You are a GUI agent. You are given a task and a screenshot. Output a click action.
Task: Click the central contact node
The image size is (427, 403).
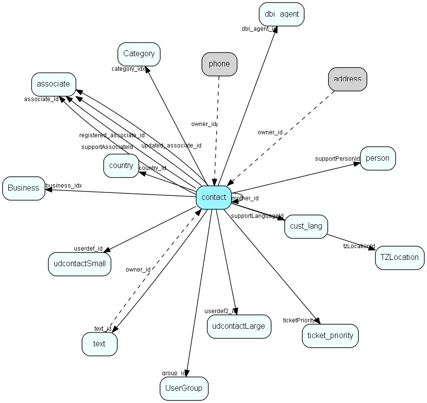point(214,197)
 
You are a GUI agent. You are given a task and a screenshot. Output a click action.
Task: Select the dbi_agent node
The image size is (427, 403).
point(282,14)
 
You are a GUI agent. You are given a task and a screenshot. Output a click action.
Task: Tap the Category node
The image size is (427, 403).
point(139,54)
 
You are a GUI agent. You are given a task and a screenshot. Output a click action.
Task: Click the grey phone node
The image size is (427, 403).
point(219,64)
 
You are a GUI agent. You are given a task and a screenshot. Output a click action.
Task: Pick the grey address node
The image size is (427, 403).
point(347,79)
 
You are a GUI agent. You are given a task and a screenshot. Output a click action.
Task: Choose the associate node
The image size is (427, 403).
point(54,84)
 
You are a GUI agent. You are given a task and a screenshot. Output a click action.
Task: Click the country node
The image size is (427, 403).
point(121,166)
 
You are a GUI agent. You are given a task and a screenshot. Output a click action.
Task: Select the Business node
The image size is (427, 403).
point(23,188)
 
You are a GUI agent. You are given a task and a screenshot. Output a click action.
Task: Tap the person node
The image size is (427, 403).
point(378,158)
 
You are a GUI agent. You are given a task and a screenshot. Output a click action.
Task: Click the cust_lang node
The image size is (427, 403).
point(306,226)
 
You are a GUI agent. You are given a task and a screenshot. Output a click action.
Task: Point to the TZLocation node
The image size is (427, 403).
point(400,257)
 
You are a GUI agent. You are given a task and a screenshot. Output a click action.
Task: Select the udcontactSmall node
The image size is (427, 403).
point(80,264)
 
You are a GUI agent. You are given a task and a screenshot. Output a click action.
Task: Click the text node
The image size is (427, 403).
point(99,344)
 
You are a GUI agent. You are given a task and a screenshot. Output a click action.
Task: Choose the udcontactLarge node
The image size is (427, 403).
point(239,326)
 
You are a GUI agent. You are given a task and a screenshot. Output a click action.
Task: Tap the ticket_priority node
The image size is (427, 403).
point(330,336)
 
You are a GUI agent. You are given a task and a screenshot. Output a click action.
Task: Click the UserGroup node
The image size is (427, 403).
point(184,388)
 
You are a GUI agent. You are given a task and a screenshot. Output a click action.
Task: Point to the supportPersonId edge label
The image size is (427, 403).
point(337,159)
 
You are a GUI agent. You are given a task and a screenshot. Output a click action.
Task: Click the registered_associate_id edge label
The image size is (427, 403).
point(112,135)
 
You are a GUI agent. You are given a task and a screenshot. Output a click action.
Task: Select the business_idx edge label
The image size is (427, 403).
point(64,186)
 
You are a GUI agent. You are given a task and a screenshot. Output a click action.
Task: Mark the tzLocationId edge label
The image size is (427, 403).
point(359,246)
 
